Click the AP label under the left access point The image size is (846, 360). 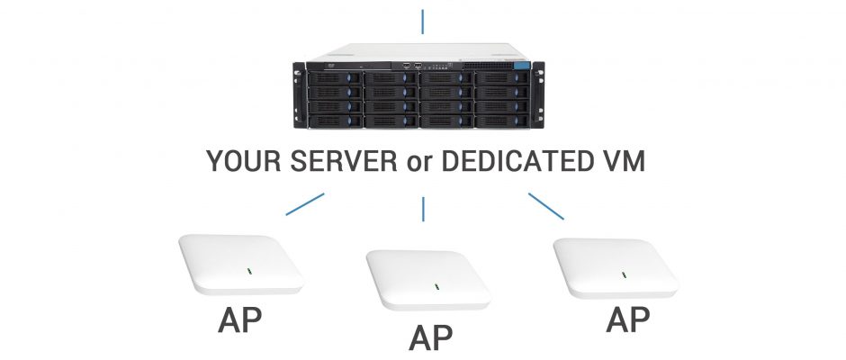(240, 320)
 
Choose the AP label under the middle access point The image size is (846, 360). (430, 337)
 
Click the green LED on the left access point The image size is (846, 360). (249, 271)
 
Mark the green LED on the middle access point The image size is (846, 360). (436, 286)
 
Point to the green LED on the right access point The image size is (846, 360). (624, 275)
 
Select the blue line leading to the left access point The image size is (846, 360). (305, 204)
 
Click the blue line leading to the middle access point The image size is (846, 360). (423, 209)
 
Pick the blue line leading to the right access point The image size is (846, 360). (546, 206)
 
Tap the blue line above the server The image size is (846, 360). (422, 22)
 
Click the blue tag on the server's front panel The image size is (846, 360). (522, 66)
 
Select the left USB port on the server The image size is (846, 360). (406, 67)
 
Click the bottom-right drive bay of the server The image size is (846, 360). (503, 121)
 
